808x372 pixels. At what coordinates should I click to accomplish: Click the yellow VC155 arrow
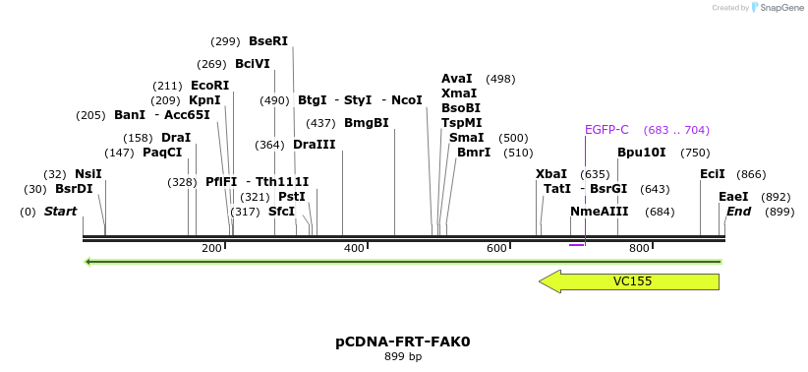[x=629, y=281]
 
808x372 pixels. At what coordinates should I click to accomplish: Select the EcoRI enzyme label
[x=209, y=86]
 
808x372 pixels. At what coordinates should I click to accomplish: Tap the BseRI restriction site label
[x=268, y=41]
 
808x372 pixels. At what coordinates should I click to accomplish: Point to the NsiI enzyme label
[x=87, y=174]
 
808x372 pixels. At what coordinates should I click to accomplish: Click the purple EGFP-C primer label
[x=606, y=130]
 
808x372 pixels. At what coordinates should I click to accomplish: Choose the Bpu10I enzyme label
[x=641, y=153]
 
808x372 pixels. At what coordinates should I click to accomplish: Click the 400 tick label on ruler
[x=355, y=248]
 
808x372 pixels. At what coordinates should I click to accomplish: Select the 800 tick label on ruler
[x=640, y=248]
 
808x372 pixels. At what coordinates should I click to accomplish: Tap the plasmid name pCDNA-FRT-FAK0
[x=403, y=341]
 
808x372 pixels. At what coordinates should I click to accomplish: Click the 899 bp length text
[x=403, y=356]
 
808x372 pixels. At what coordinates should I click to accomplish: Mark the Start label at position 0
[x=60, y=212]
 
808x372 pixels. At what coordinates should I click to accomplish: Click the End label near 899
[x=738, y=212]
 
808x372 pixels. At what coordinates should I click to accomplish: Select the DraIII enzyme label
[x=314, y=145]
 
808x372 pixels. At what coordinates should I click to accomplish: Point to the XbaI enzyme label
[x=551, y=174]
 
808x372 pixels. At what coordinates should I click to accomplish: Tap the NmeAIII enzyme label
[x=599, y=212]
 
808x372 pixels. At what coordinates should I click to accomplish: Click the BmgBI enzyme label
[x=367, y=123]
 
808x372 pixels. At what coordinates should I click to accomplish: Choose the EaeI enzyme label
[x=733, y=197]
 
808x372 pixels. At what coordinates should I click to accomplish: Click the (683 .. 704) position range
[x=676, y=130]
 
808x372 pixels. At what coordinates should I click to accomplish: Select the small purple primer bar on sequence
[x=578, y=243]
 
